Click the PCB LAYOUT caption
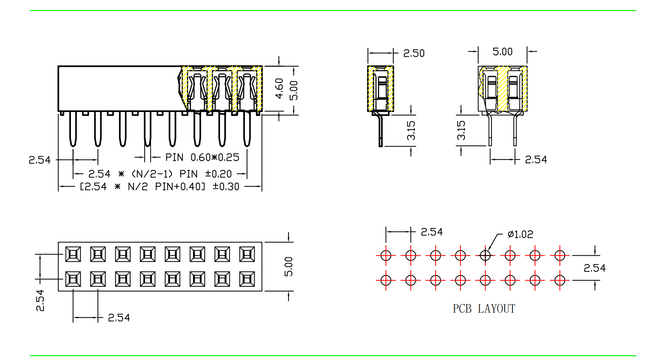point(484,309)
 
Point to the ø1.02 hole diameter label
point(520,234)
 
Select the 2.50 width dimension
point(414,53)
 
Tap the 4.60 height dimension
point(279,89)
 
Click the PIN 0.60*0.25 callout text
point(202,157)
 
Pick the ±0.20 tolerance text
point(218,174)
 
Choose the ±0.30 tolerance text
point(226,187)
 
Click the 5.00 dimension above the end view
point(502,52)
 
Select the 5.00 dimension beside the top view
point(288,267)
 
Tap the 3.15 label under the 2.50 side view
point(411,130)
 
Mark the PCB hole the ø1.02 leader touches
point(485,255)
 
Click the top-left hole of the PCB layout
point(386,255)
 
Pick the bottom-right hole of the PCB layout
point(560,280)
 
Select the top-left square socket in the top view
point(73,254)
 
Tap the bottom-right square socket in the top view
point(247,279)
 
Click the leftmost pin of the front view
point(73,129)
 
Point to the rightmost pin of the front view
point(247,129)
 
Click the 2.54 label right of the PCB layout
point(594,268)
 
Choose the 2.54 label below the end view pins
point(536,160)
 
